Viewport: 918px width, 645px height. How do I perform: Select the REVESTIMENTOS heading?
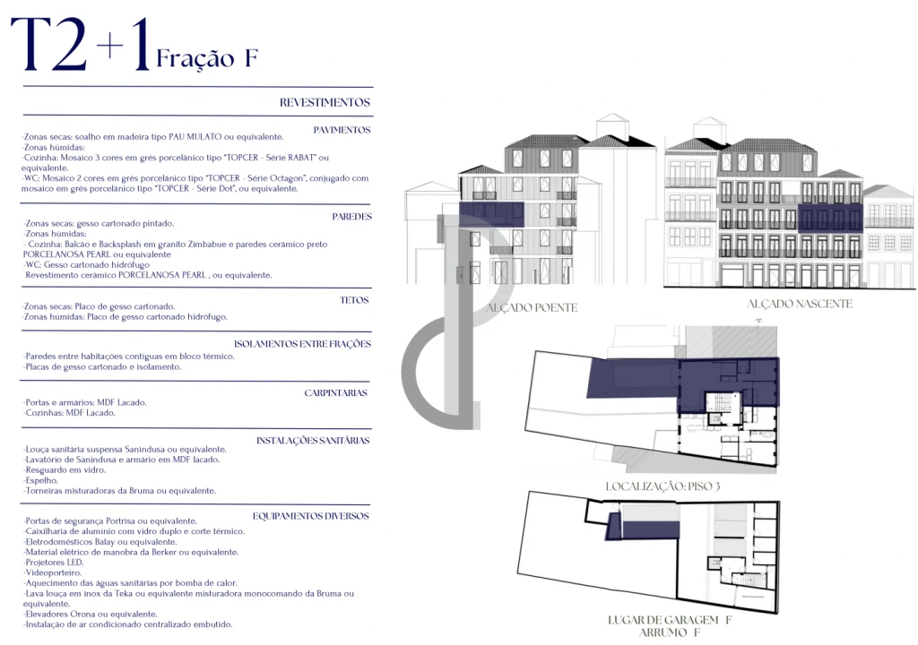point(325,103)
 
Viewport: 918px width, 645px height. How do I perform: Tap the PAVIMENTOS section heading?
point(342,130)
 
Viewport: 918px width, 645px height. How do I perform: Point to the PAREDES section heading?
point(351,217)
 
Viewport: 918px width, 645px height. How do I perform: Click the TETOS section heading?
point(355,301)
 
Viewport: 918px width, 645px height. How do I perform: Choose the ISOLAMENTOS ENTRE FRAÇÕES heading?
point(302,344)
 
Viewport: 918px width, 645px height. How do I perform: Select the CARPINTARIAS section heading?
point(336,393)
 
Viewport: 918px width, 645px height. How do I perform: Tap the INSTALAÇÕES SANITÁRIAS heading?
point(313,441)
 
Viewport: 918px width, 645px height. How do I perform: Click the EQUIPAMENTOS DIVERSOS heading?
point(311,516)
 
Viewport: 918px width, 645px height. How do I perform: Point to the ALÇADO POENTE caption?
point(532,308)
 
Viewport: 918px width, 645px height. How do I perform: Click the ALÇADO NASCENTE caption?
point(800,305)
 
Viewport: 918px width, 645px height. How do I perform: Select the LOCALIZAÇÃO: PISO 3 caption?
point(663,486)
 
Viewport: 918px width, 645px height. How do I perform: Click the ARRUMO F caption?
point(670,633)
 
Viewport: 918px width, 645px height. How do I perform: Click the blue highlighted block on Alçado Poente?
point(491,213)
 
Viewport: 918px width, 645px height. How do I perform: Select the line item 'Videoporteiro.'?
point(53,572)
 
